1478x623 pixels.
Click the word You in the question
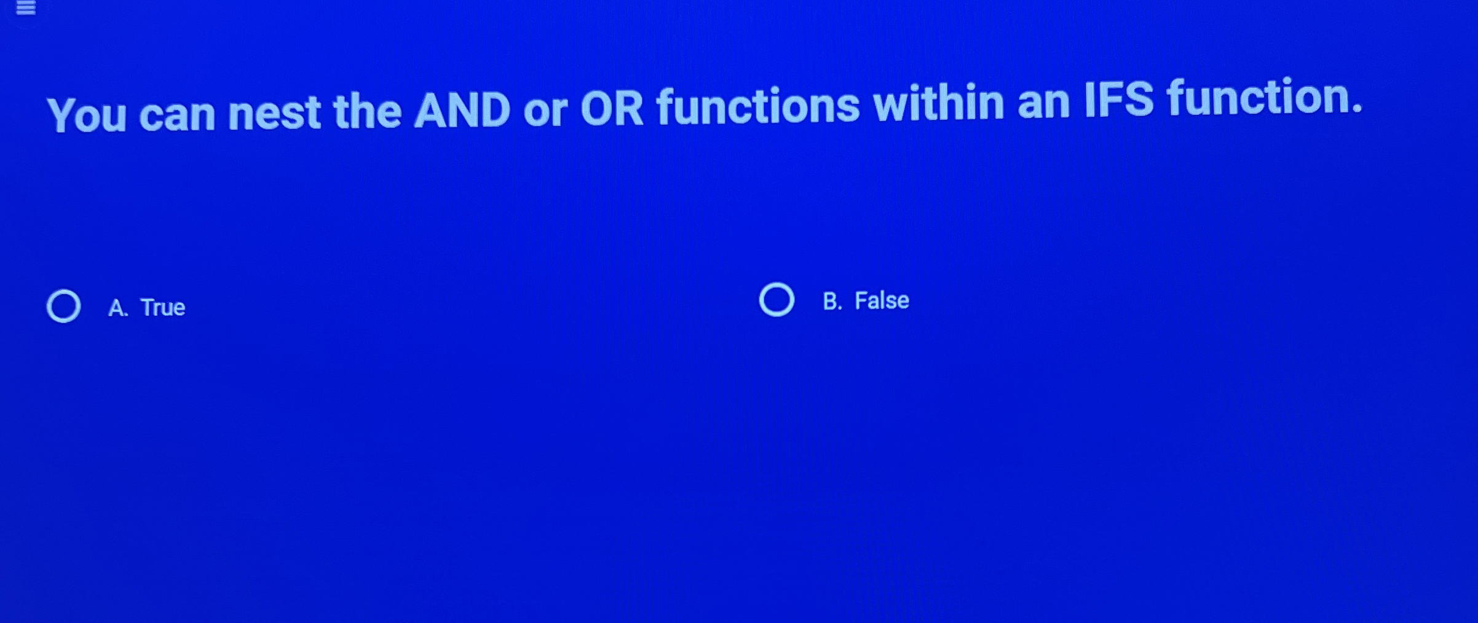click(87, 116)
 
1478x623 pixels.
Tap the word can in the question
click(177, 114)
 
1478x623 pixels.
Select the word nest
click(274, 113)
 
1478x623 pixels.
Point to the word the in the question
click(367, 112)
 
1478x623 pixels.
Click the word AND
click(462, 111)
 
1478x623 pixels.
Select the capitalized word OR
click(612, 109)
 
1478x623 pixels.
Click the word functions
click(757, 106)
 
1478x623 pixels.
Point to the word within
click(939, 103)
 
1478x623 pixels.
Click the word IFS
click(1118, 100)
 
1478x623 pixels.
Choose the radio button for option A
click(64, 306)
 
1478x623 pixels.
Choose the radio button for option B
click(777, 300)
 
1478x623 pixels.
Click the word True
click(163, 307)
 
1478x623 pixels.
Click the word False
click(882, 301)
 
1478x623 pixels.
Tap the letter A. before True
click(117, 308)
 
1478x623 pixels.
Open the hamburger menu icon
click(26, 8)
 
